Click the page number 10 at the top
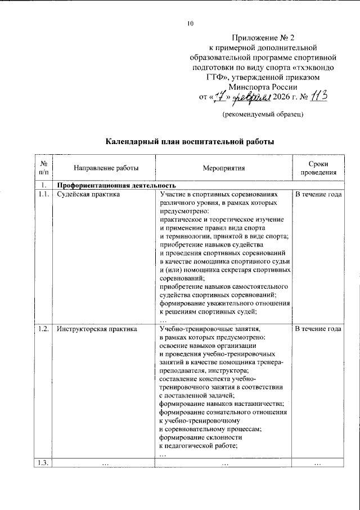coord(190,24)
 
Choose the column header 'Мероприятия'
coord(224,168)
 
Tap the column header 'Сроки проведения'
coord(318,168)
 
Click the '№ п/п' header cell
coord(44,168)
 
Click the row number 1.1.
coord(44,194)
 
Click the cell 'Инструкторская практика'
coord(97,329)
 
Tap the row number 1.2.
coord(44,329)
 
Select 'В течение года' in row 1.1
coord(318,194)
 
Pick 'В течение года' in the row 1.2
coord(318,329)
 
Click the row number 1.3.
coord(44,463)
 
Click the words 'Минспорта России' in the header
coord(263,88)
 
